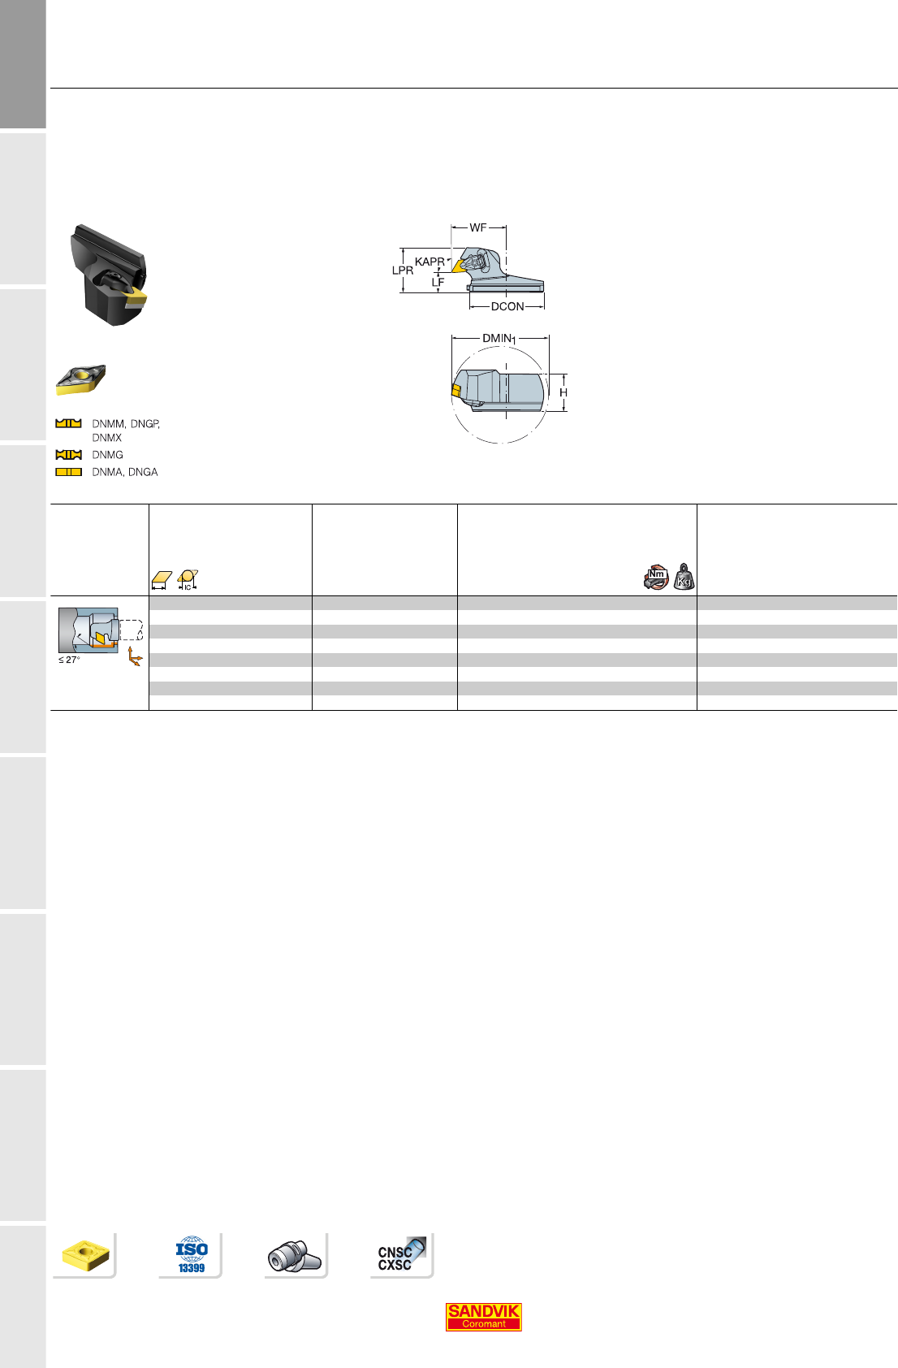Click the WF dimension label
[x=478, y=227]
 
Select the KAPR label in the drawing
[x=430, y=262]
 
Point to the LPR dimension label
[x=402, y=270]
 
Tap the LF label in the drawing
[x=438, y=282]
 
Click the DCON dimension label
[x=507, y=306]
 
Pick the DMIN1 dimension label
[x=499, y=338]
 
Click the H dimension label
[x=563, y=392]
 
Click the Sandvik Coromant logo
[x=483, y=1317]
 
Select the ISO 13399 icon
[x=192, y=1255]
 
